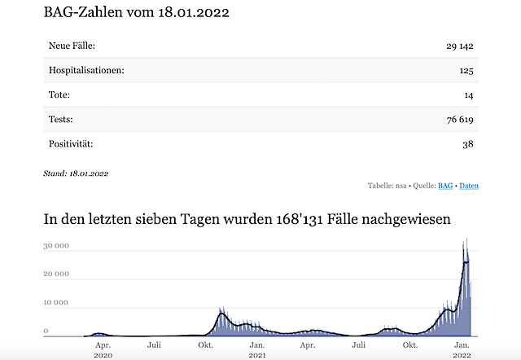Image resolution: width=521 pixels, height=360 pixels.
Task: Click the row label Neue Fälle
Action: [72, 46]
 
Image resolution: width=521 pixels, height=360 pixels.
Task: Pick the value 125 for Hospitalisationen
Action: [466, 71]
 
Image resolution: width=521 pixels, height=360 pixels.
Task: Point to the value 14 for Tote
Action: [470, 95]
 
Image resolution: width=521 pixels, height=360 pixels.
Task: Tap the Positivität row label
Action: [71, 144]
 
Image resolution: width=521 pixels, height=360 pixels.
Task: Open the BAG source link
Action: [445, 186]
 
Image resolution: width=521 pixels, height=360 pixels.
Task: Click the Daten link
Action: [469, 186]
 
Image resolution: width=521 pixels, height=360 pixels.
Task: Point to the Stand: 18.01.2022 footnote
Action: [76, 173]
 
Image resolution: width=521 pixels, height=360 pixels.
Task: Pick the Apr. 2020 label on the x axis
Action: [102, 349]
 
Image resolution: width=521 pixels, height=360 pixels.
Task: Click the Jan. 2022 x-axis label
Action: [462, 349]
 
